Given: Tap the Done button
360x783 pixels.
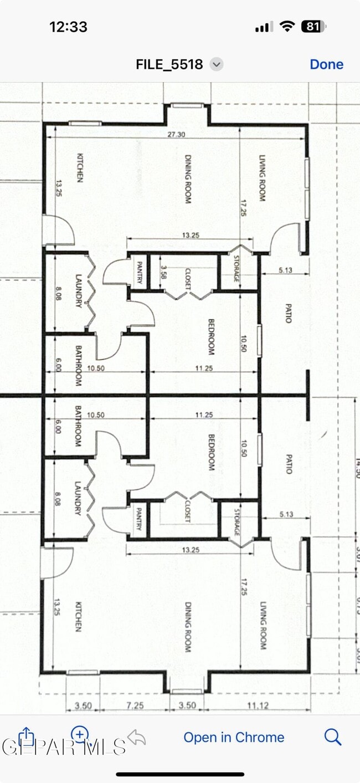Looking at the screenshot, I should coord(326,64).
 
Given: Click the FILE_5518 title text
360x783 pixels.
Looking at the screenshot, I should coord(169,64).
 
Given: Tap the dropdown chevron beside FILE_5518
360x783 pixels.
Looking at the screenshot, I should coord(217,64).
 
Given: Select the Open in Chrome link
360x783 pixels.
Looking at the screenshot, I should coord(234,738).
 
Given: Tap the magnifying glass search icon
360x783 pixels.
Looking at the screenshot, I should coord(332,737).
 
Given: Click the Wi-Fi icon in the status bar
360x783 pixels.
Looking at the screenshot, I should coord(287,26).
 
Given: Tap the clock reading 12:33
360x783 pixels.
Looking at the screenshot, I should coord(68,27).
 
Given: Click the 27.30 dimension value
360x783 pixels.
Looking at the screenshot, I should coord(177,135).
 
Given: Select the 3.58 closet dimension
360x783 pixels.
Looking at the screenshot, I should coord(163,272).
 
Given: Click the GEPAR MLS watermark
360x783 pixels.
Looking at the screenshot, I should coord(64,746).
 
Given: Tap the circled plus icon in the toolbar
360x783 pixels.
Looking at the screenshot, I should coord(80,735).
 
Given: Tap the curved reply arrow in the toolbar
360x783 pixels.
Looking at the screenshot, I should coord(136,737).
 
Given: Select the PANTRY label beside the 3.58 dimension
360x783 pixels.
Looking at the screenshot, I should coord(140,272).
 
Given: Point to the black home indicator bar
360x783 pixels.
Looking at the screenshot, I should coord(180,774).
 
